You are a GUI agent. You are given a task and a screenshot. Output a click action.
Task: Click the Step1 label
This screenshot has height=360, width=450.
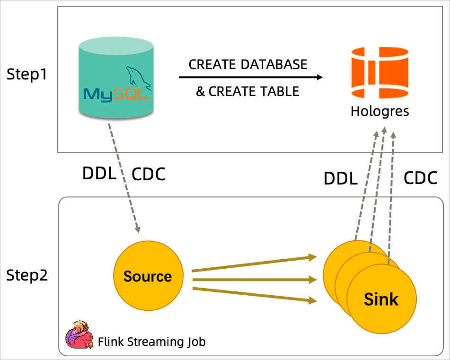(x=27, y=74)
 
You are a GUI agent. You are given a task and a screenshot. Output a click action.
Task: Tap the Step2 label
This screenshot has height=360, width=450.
(x=27, y=275)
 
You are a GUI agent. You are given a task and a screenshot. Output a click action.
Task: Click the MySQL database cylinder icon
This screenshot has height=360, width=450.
(x=116, y=78)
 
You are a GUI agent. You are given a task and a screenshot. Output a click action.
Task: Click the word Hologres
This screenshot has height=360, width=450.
(x=379, y=112)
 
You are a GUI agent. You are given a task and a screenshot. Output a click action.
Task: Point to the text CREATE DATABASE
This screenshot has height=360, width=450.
(x=248, y=64)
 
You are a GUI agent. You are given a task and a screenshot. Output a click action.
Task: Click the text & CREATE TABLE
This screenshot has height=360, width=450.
(x=248, y=91)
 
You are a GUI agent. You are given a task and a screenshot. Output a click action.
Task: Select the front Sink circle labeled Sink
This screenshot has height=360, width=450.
(x=381, y=299)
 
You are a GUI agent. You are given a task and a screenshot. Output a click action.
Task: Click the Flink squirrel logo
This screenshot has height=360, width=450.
(x=79, y=335)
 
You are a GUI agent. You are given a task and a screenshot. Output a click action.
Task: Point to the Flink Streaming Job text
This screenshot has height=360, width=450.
(x=152, y=341)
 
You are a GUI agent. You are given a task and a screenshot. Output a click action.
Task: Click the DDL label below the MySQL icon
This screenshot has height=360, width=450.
(x=99, y=174)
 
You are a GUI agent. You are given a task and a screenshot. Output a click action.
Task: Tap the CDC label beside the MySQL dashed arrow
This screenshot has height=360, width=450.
(x=148, y=174)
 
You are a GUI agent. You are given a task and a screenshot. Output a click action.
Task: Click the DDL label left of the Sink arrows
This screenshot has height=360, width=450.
(x=340, y=179)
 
